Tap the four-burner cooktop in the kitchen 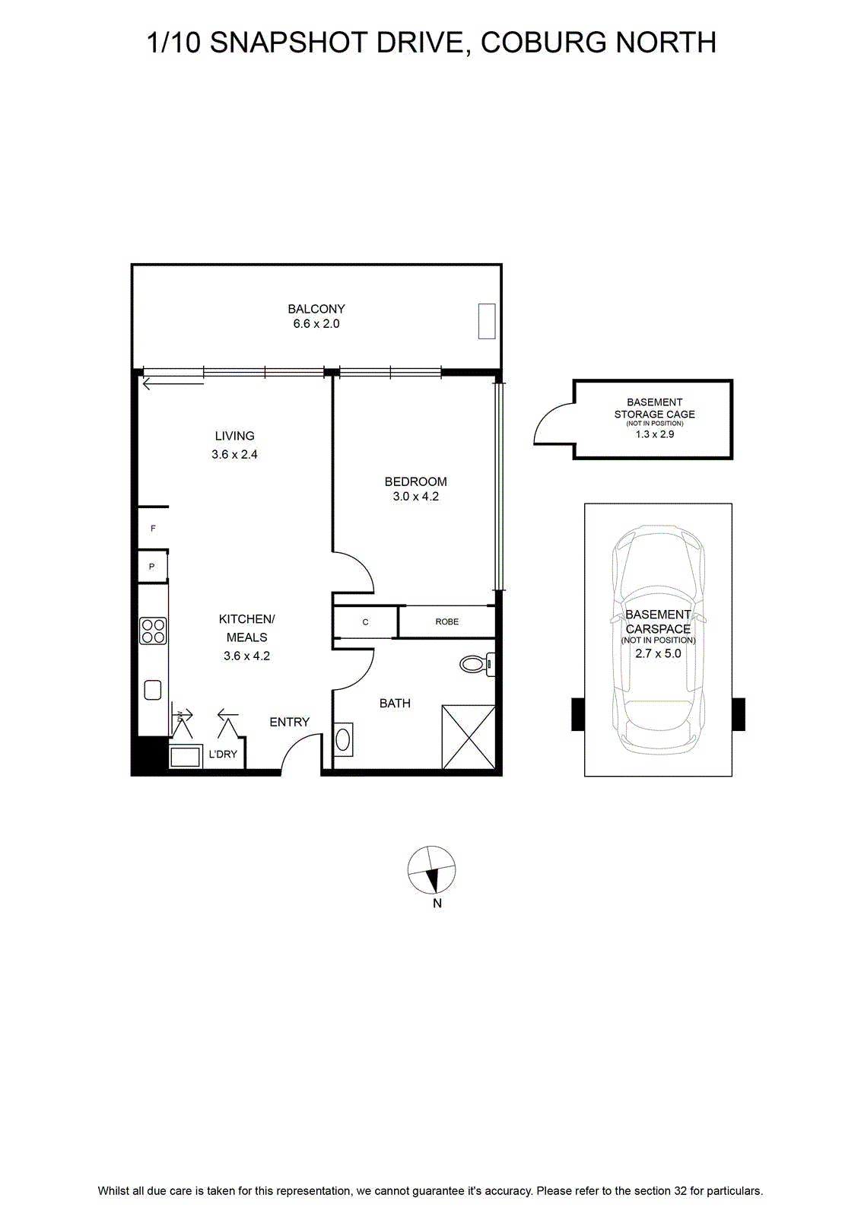[153, 631]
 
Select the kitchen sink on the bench [153, 690]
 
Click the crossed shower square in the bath [469, 737]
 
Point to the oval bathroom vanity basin [343, 739]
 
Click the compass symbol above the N [431, 870]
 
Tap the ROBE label [447, 621]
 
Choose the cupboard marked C [366, 621]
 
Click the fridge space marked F [153, 528]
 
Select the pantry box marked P [152, 567]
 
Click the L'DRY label [223, 754]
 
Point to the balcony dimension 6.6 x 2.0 [316, 324]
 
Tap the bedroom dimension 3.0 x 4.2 [415, 496]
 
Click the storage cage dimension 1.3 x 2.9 [655, 434]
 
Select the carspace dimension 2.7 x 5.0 [658, 653]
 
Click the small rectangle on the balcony [487, 321]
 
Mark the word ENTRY [290, 722]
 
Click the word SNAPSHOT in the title [288, 43]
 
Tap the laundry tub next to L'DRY [186, 756]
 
